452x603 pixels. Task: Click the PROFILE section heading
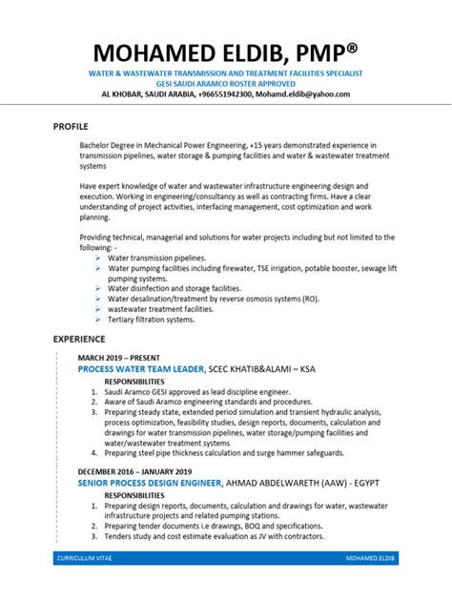click(x=72, y=125)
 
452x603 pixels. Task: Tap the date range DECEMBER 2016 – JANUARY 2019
click(x=135, y=471)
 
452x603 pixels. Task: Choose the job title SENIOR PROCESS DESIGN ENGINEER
click(x=151, y=484)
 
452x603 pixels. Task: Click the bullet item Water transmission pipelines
click(x=156, y=258)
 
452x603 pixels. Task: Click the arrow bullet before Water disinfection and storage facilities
click(x=99, y=289)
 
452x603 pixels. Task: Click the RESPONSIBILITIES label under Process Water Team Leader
click(x=139, y=381)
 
